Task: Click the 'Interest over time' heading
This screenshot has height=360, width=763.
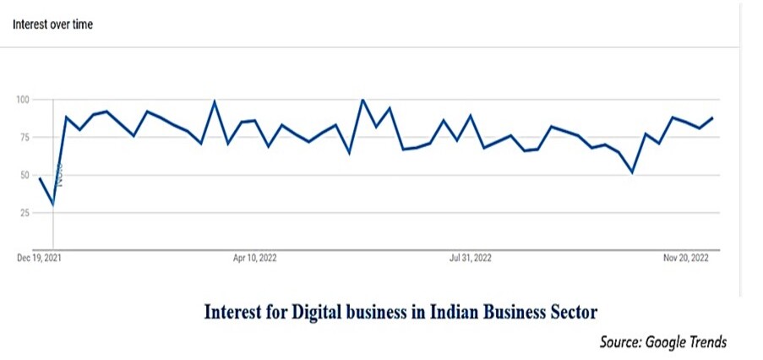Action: pos(52,25)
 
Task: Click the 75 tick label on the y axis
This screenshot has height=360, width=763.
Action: pos(24,138)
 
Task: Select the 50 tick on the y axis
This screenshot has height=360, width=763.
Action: pos(24,175)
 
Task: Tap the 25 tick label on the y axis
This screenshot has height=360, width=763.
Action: pos(24,213)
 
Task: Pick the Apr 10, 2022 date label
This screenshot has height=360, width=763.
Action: pos(255,259)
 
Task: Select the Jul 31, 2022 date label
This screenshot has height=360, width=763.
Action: pos(471,259)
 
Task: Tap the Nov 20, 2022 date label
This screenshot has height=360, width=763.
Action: pos(686,259)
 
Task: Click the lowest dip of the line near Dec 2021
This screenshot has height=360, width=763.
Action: pos(53,204)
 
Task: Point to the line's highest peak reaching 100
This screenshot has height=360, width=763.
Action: pos(362,100)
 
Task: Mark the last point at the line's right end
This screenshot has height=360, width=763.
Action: pos(712,117)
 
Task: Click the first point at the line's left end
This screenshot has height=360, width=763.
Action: pos(40,178)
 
